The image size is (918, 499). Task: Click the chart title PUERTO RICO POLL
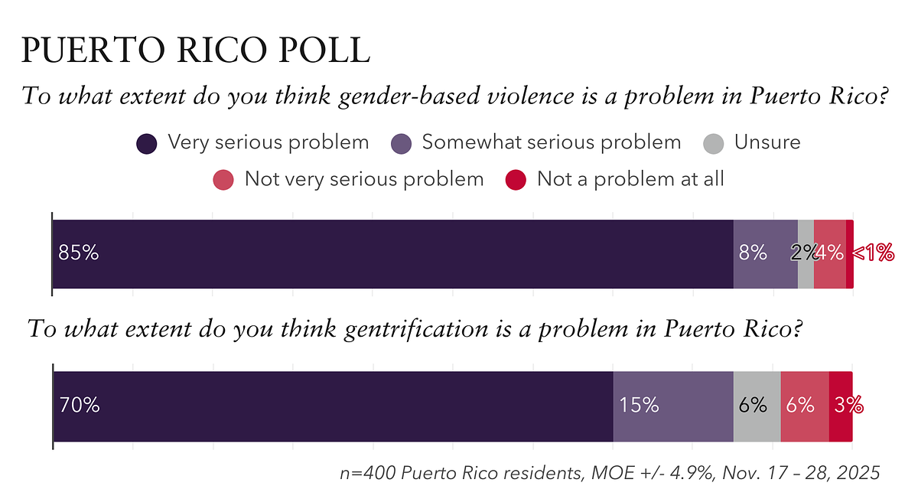coord(196,50)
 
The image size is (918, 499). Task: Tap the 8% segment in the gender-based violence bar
coord(765,254)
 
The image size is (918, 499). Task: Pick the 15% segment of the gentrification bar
coord(673,406)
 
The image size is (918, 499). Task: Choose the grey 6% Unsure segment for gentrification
coord(757,406)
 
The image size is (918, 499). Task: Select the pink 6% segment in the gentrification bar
coord(804,406)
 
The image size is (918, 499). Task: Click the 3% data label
coord(849,406)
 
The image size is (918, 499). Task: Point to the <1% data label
coord(873,253)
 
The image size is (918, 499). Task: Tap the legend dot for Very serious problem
coord(146,143)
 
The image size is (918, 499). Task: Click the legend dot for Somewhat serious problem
coord(401,143)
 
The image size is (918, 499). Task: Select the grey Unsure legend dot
coord(713,143)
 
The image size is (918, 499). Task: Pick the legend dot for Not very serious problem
coord(223,180)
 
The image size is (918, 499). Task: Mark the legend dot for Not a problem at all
coord(516,180)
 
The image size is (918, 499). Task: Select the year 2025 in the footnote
coord(859,473)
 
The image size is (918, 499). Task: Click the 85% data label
coord(79,253)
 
